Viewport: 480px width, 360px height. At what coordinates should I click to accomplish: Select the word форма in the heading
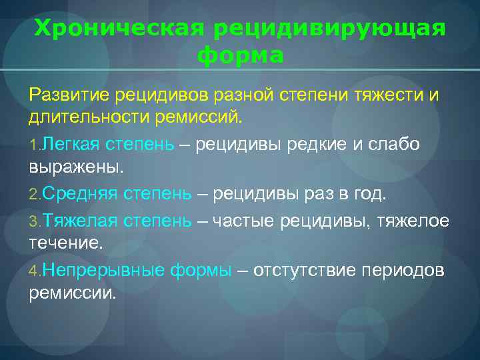click(241, 55)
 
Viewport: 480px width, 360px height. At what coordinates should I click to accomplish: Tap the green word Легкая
click(70, 144)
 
